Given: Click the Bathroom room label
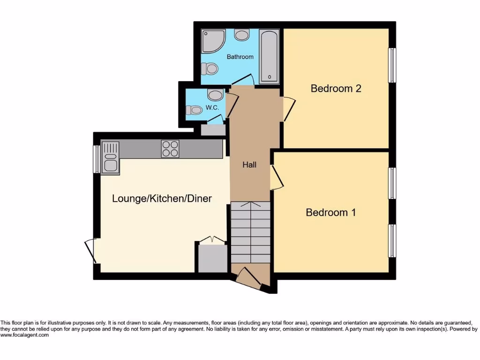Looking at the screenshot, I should pyautogui.click(x=240, y=57).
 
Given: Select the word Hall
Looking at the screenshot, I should pyautogui.click(x=249, y=165).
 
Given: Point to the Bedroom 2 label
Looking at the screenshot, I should pyautogui.click(x=336, y=88).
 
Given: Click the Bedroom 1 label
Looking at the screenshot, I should pyautogui.click(x=330, y=212).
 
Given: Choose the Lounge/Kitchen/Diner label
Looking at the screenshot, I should pyautogui.click(x=162, y=198).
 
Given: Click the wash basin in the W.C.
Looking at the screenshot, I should pyautogui.click(x=215, y=95).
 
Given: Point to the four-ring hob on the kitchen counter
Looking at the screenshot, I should pyautogui.click(x=170, y=149).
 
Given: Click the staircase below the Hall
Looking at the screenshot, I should pyautogui.click(x=250, y=232).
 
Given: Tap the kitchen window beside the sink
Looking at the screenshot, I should pyautogui.click(x=96, y=159).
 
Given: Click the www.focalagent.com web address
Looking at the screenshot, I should pyautogui.click(x=24, y=335).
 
